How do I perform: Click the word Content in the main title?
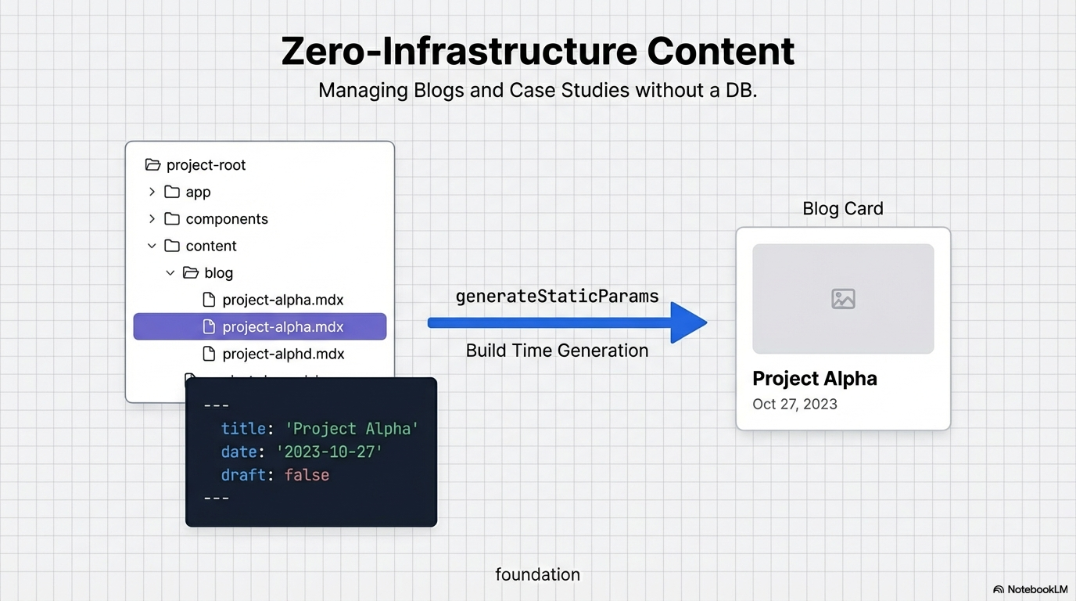(x=720, y=52)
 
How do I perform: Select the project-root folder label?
(x=206, y=165)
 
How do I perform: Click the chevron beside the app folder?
(x=152, y=192)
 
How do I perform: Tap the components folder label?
(x=227, y=219)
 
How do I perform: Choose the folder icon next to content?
(x=172, y=246)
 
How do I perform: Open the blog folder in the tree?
(x=218, y=273)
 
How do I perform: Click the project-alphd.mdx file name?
(x=283, y=354)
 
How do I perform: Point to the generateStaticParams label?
(x=557, y=297)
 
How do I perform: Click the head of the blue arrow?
(x=688, y=322)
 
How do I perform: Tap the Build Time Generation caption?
(x=557, y=351)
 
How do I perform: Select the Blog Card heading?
(x=843, y=209)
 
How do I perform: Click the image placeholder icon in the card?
(x=843, y=299)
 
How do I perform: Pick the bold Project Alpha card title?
(x=814, y=379)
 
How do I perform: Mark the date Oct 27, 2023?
(x=794, y=405)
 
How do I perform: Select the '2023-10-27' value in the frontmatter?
(x=329, y=452)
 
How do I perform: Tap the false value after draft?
(x=307, y=475)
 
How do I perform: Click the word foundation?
(x=537, y=575)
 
